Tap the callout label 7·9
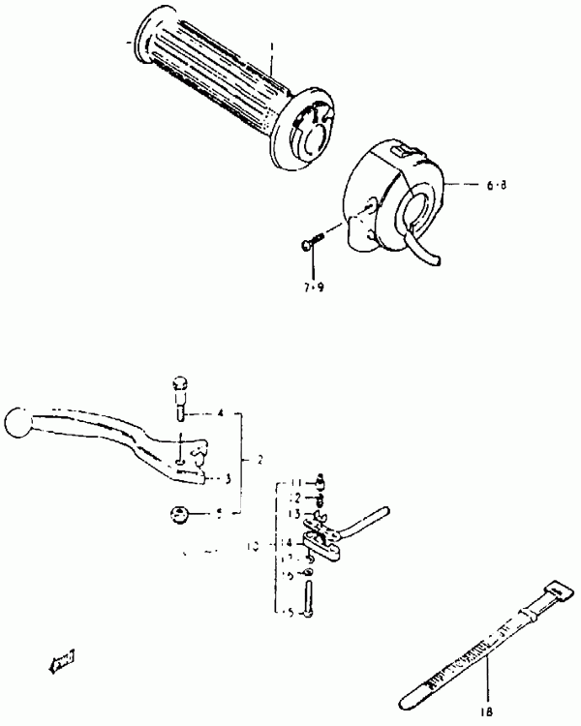click(x=313, y=287)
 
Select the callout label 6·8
click(x=497, y=183)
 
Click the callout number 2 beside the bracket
click(x=260, y=459)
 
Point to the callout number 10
click(x=253, y=546)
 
